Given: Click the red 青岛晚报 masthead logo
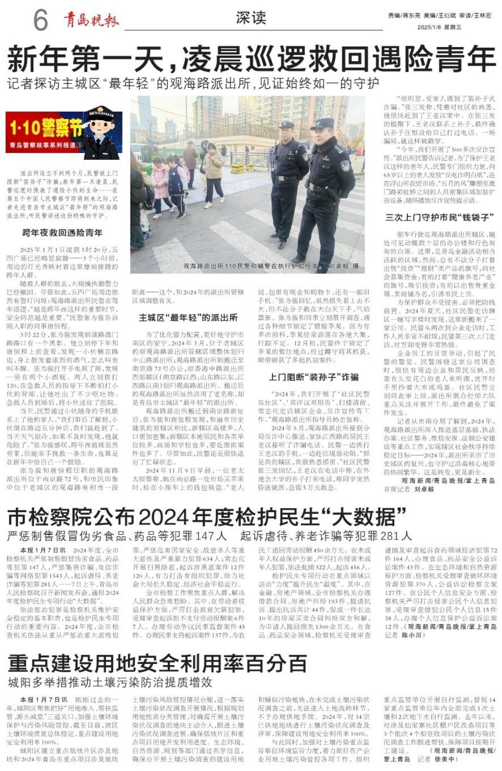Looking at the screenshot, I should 91,20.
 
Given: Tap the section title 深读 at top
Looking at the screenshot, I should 251,18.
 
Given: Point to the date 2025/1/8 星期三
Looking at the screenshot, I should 439,27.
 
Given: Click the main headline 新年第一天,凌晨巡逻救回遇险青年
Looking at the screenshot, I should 251,58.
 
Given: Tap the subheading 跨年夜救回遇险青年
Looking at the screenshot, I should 62,232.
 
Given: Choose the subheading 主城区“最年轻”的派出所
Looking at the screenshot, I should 188,317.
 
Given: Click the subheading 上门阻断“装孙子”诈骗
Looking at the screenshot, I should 314,377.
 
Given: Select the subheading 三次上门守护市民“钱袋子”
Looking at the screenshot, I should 439,217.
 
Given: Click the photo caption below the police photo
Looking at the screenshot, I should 271,266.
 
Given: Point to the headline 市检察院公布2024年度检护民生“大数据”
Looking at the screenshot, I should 207,517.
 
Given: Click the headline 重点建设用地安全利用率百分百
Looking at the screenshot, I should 157,663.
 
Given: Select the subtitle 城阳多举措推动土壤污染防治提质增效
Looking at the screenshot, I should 110,682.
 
